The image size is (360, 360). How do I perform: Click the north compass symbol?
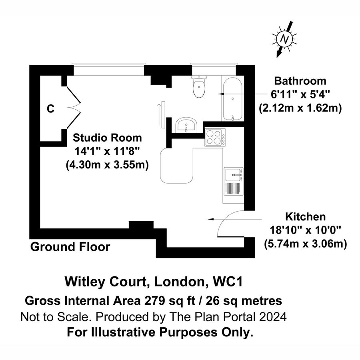[285, 39]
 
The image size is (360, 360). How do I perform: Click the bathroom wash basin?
[186, 125]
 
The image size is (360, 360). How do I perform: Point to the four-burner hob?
[215, 138]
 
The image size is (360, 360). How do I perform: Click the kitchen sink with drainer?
[233, 181]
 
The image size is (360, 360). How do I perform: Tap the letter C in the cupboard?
[50, 108]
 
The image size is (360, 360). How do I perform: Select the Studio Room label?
[107, 138]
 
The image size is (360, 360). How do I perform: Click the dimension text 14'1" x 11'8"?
[107, 151]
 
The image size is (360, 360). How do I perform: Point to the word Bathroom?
[300, 81]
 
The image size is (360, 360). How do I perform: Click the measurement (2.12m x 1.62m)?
[300, 108]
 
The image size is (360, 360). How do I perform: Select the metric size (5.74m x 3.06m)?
[305, 243]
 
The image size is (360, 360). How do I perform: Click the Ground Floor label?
[70, 247]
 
